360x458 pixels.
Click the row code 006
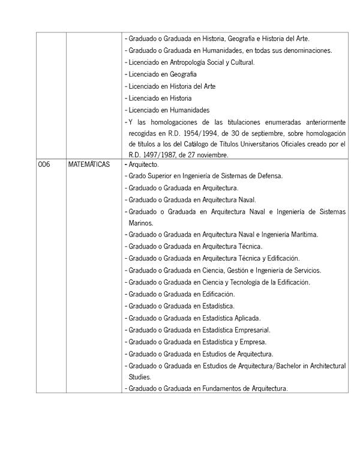pyautogui.click(x=44, y=164)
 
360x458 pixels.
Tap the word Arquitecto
pyautogui.click(x=143, y=164)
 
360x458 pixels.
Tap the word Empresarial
pyautogui.click(x=253, y=330)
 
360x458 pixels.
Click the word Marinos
pyautogui.click(x=140, y=222)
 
